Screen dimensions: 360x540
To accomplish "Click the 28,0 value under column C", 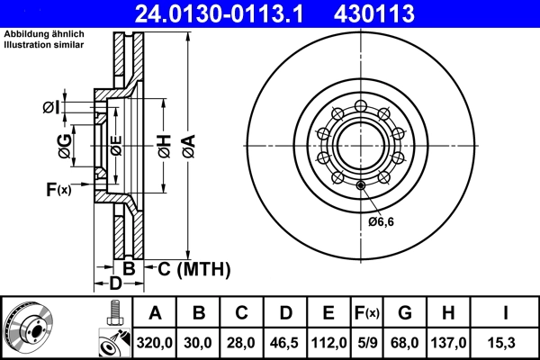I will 242,343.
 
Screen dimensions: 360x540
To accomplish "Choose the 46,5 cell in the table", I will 285,343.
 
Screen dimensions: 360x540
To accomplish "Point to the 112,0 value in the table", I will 328,343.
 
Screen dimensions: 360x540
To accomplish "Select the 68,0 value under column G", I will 406,343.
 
